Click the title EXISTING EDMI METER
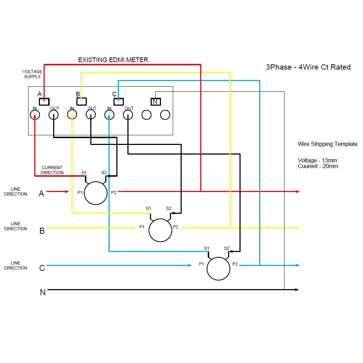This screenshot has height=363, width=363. [113, 60]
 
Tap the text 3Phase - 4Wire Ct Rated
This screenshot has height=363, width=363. [308, 67]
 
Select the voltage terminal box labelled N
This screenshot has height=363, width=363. [155, 102]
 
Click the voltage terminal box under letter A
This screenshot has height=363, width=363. [44, 101]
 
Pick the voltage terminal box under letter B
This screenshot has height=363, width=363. [81, 101]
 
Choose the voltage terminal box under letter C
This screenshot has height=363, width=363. [119, 101]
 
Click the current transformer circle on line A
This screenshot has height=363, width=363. [96, 193]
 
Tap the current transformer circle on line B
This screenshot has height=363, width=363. [160, 230]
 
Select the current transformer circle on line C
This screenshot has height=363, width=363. [218, 269]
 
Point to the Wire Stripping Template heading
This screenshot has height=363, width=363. [327, 144]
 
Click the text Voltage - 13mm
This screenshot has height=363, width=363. [317, 160]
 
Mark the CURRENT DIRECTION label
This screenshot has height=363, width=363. [52, 170]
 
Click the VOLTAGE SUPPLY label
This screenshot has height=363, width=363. [32, 74]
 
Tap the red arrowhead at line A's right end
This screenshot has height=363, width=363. [298, 192]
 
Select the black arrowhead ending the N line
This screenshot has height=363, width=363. [297, 289]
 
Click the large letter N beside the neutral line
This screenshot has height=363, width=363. [42, 292]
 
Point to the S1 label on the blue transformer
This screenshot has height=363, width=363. [207, 248]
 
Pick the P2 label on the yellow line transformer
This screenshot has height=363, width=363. [175, 227]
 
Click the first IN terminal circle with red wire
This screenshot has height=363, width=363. [35, 115]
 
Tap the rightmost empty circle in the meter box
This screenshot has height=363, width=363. [165, 115]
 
